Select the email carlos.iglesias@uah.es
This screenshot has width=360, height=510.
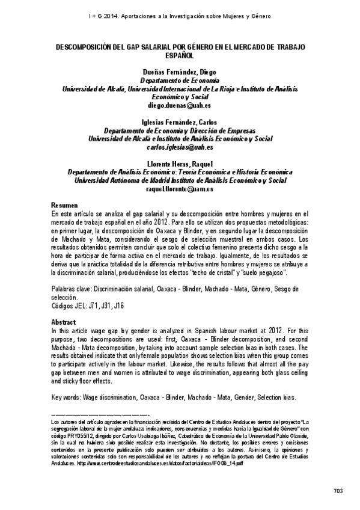pos(180,146)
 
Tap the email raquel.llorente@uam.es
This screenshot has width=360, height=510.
pos(180,188)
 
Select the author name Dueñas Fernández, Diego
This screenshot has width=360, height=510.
pos(180,71)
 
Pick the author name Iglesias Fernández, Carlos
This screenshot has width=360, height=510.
pos(180,121)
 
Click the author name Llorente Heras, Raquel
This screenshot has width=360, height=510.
pos(180,164)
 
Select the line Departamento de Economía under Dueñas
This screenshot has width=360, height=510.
pos(180,79)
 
